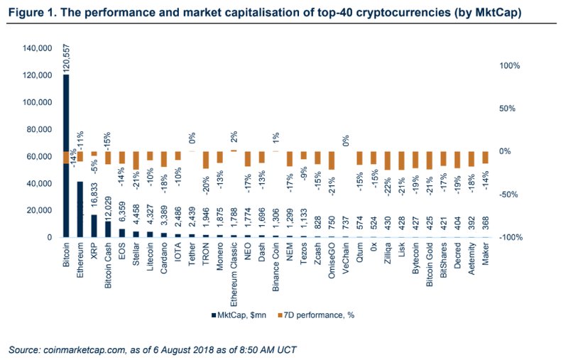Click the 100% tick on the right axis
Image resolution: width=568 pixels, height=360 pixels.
pos(510,65)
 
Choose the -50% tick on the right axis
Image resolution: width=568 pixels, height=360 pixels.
pos(510,194)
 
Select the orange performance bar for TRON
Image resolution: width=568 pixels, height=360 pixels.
pos(205,160)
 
